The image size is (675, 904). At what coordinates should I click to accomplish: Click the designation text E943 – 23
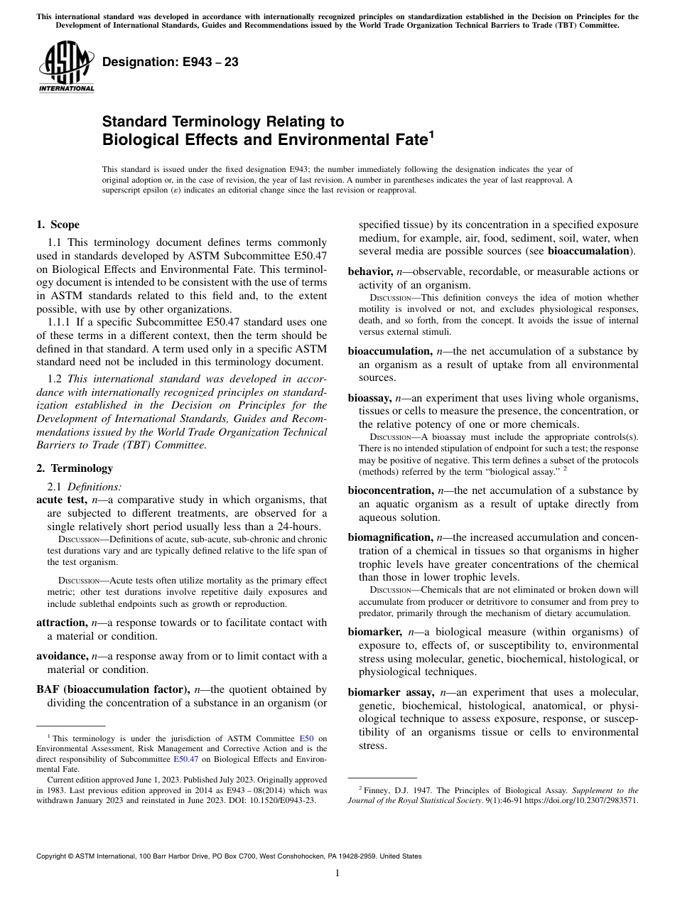pyautogui.click(x=170, y=63)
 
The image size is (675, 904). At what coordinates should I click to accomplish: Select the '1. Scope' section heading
pyautogui.click(x=58, y=225)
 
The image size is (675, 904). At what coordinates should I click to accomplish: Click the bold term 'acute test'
pyautogui.click(x=61, y=500)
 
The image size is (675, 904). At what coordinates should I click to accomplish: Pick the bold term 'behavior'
pyautogui.click(x=370, y=271)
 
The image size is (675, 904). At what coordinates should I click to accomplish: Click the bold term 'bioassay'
pyautogui.click(x=369, y=397)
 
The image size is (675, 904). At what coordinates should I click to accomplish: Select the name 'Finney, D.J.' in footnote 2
pyautogui.click(x=385, y=789)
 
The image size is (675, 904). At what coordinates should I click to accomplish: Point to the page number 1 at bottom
pyautogui.click(x=337, y=873)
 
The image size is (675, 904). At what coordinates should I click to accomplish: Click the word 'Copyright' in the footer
pyautogui.click(x=54, y=856)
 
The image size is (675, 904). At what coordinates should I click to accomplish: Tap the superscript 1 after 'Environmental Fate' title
pyautogui.click(x=430, y=134)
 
